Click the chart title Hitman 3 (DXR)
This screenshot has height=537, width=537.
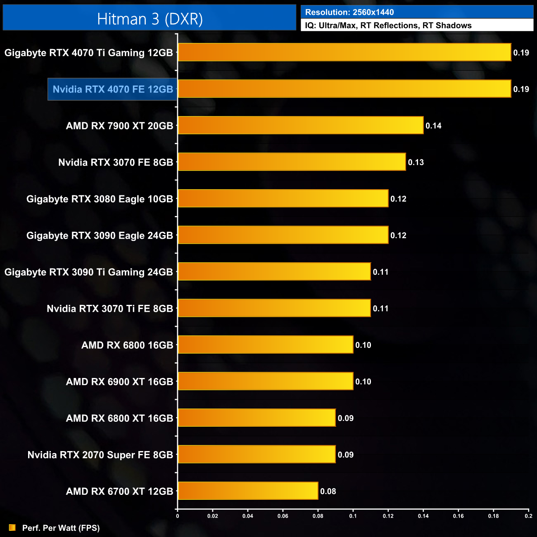coord(150,19)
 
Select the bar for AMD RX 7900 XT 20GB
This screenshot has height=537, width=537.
coord(301,125)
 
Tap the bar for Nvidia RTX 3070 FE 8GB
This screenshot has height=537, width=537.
coord(292,162)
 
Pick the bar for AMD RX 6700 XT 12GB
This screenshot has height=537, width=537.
coord(248,491)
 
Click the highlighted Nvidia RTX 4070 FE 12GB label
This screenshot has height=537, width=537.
coord(113,89)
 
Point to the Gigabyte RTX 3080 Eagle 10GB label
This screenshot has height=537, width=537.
coord(100,199)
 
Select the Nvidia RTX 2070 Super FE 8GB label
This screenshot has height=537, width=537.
coord(100,455)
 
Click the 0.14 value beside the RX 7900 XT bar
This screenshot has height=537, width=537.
coord(433,126)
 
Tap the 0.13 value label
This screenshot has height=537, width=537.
coord(416,162)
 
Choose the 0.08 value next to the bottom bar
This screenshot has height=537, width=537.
coord(328,491)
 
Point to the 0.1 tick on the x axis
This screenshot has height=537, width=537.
coord(353,516)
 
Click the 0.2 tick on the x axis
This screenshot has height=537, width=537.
coord(528,516)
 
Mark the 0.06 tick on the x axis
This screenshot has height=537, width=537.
coord(283,516)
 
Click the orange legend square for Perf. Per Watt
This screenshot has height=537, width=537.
coord(12,527)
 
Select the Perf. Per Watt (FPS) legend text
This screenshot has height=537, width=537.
coord(61,528)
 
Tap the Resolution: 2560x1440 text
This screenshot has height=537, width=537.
coord(349,12)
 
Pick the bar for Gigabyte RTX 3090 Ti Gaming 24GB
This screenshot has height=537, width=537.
coord(274,271)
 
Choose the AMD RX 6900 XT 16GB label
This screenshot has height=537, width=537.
coord(119,382)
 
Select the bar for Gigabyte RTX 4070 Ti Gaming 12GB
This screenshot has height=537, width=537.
coord(345,52)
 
